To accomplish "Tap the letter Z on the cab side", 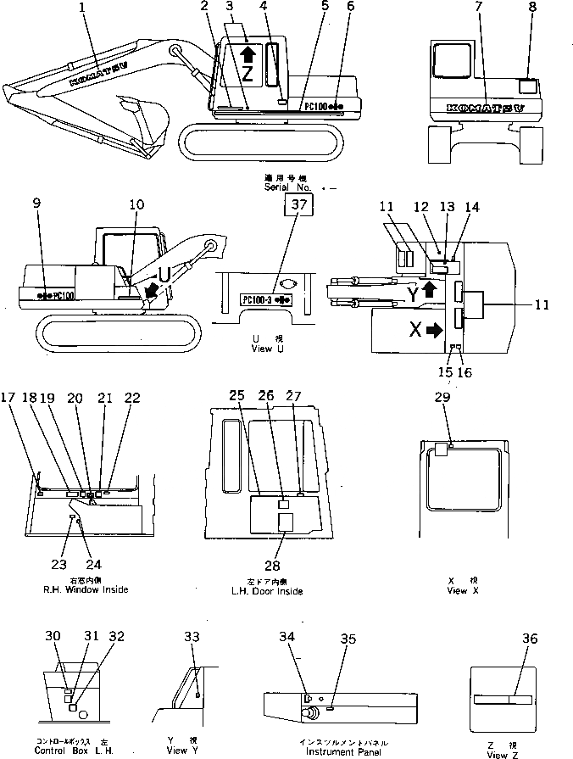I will (x=248, y=73).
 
